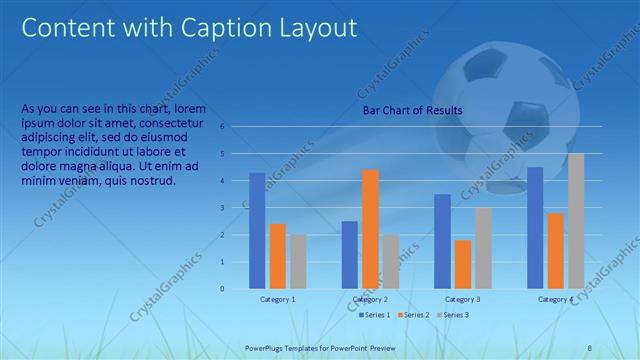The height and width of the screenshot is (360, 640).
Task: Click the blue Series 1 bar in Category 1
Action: (x=257, y=231)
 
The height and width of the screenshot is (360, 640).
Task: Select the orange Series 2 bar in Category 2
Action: (x=370, y=229)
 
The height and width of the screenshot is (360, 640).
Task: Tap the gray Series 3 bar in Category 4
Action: (x=576, y=221)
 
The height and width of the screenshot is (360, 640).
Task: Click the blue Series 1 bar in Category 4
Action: (x=535, y=228)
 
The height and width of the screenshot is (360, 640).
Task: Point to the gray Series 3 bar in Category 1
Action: (x=298, y=262)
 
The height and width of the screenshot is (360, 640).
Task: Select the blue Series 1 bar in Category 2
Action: (x=350, y=255)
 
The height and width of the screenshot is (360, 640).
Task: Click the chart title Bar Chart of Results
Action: (x=412, y=110)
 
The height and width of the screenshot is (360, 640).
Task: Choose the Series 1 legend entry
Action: (x=376, y=315)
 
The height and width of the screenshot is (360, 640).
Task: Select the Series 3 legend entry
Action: (x=452, y=315)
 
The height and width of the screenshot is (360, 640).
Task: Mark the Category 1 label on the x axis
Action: (x=278, y=299)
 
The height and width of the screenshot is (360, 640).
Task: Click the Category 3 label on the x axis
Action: (x=463, y=299)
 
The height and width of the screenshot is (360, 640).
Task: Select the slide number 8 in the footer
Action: (x=589, y=347)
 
